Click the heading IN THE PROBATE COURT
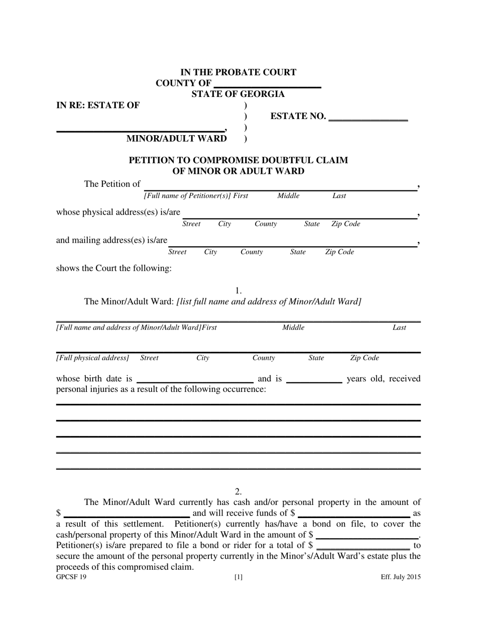(238, 72)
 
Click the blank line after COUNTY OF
(267, 84)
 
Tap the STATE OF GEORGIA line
(238, 94)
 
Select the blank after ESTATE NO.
(368, 118)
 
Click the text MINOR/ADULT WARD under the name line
(176, 139)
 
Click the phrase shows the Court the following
(114, 268)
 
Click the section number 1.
(238, 290)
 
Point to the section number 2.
(238, 491)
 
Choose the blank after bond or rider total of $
(364, 547)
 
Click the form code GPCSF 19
(71, 577)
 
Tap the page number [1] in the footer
(238, 577)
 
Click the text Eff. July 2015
(401, 577)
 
